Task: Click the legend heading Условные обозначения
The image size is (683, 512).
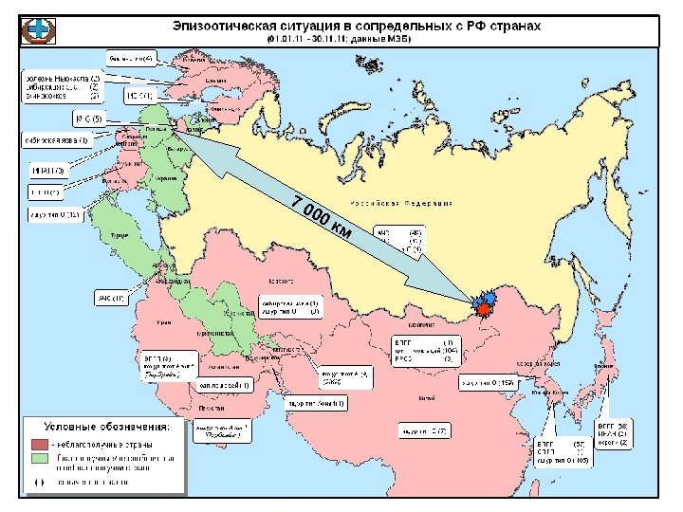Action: [x=100, y=426]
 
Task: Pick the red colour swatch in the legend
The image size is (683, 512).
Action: [x=40, y=443]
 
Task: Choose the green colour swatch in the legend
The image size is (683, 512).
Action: [x=40, y=459]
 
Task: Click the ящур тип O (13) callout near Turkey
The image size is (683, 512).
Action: [x=58, y=214]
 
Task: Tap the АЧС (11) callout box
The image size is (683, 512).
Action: [x=112, y=300]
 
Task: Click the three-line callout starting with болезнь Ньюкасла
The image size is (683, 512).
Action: [x=63, y=86]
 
